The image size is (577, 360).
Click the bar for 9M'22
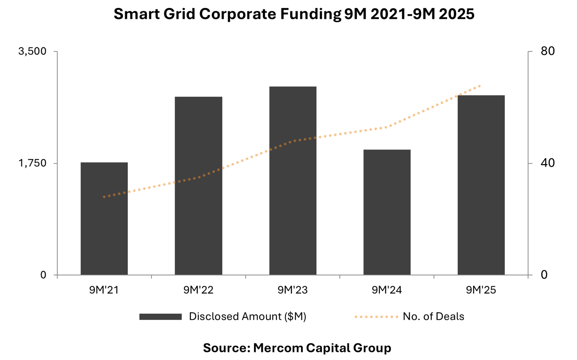click(x=198, y=186)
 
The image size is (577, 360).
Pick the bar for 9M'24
click(x=387, y=212)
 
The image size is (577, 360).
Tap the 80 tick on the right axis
click(x=547, y=51)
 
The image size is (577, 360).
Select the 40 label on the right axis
click(x=547, y=163)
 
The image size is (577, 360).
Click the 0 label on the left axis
click(x=43, y=275)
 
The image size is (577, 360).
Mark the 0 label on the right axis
click(x=544, y=275)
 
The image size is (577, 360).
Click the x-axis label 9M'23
click(x=292, y=290)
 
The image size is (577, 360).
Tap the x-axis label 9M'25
click(x=481, y=290)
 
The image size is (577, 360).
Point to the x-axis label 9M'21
click(x=104, y=290)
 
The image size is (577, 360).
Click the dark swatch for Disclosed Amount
click(x=160, y=317)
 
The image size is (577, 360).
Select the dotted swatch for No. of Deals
click(x=376, y=317)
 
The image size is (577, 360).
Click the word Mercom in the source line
click(x=278, y=348)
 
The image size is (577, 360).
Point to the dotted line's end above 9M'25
click(x=480, y=86)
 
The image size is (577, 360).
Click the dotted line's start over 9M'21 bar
click(x=104, y=197)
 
